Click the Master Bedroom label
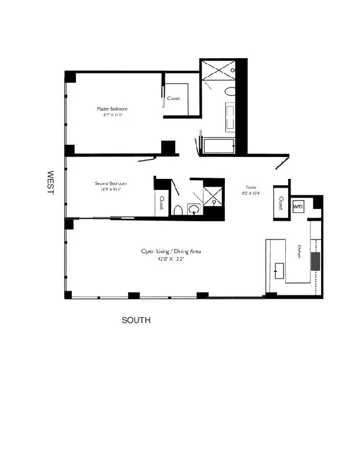[112, 109]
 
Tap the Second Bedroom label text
[111, 184]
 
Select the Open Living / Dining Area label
[171, 251]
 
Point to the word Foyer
[242, 187]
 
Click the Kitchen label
[299, 252]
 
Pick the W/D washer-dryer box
[298, 207]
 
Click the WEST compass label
[51, 184]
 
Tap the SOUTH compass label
[136, 321]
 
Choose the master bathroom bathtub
[218, 145]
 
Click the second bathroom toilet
[178, 210]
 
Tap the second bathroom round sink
[194, 209]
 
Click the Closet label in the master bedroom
[174, 98]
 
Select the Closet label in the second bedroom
[161, 204]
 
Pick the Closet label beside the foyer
[281, 204]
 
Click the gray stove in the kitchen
[316, 261]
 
